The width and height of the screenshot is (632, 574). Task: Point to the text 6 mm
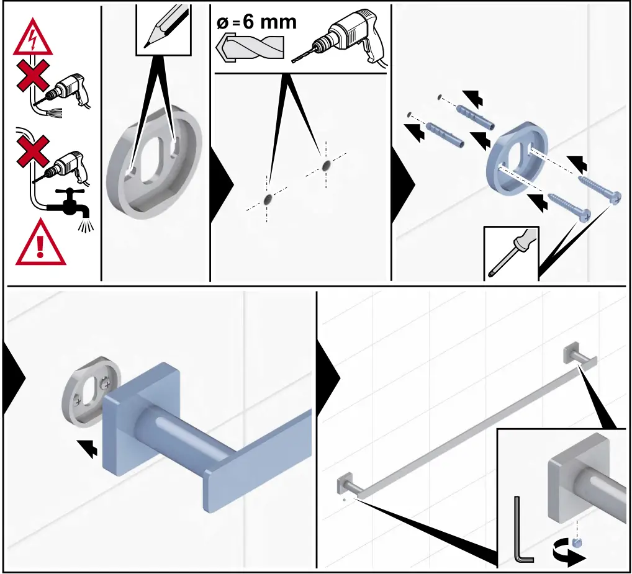click(x=269, y=22)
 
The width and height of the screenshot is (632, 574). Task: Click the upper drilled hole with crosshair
click(x=327, y=166)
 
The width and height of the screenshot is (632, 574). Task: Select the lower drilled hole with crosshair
click(x=268, y=200)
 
